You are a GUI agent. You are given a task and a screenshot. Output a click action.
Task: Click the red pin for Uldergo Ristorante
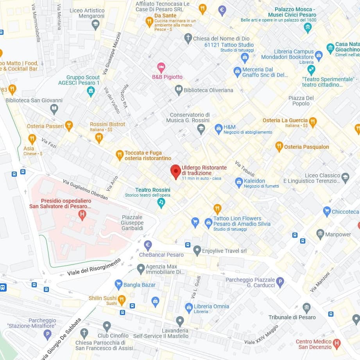click(176, 171)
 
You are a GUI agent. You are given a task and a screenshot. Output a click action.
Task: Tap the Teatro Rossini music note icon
click(161, 202)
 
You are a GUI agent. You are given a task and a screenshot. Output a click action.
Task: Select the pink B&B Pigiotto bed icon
click(161, 67)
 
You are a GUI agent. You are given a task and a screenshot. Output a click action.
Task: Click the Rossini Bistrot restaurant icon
click(99, 137)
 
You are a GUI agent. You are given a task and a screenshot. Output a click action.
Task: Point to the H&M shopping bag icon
click(219, 129)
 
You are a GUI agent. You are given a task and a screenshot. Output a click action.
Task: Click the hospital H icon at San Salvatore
click(82, 215)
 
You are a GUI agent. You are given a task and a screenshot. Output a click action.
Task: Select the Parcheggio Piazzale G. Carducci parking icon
click(280, 282)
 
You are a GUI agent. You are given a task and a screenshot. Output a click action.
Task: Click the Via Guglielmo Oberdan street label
click(85, 189)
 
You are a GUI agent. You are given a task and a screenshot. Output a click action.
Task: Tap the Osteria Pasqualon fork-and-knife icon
click(279, 147)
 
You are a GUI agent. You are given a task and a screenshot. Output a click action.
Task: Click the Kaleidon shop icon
click(239, 182)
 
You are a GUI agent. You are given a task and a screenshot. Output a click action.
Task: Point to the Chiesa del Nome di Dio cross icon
click(188, 38)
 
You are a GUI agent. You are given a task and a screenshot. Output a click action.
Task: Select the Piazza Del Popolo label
click(301, 101)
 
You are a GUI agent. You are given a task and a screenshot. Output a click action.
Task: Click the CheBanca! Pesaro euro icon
click(148, 245)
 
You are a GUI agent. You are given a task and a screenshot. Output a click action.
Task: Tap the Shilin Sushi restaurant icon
click(122, 299)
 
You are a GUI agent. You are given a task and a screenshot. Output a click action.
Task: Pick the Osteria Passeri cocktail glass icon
click(69, 125)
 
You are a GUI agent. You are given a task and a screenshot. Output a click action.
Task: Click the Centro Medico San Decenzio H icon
click(337, 344)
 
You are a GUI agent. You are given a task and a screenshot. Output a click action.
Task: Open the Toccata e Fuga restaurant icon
click(120, 155)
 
